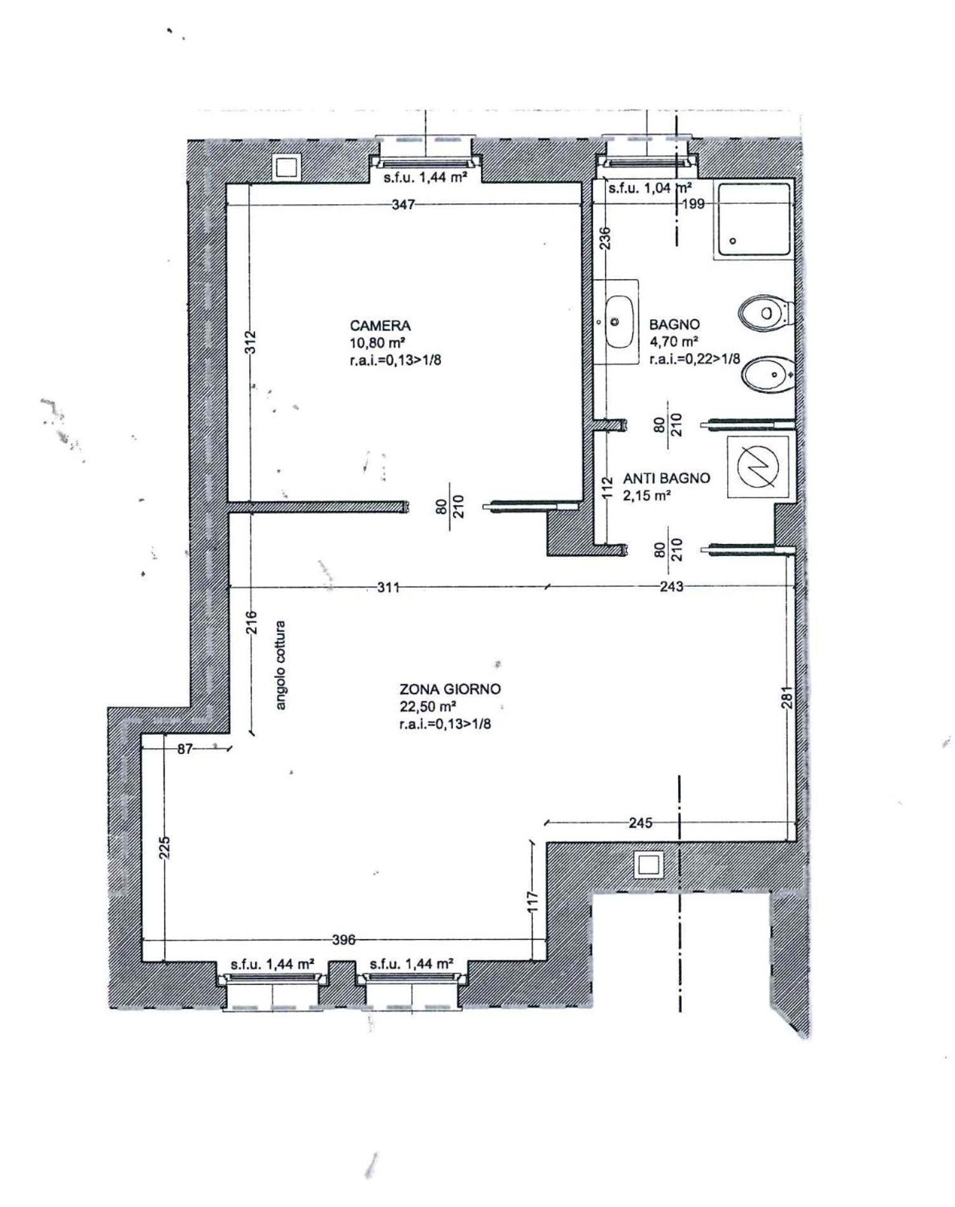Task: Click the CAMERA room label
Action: (x=380, y=326)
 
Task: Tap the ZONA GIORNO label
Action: (x=450, y=688)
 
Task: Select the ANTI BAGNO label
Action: (x=666, y=478)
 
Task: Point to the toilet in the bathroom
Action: (x=766, y=313)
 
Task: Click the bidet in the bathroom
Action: (x=769, y=374)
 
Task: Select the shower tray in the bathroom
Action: (x=753, y=220)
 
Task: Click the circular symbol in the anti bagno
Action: (x=758, y=466)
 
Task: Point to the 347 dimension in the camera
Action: (x=403, y=205)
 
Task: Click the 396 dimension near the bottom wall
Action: (x=344, y=940)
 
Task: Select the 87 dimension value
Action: (x=185, y=749)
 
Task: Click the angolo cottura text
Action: (x=281, y=665)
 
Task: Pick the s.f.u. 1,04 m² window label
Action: (x=650, y=188)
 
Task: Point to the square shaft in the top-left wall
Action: (x=287, y=168)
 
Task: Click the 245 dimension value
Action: (x=640, y=823)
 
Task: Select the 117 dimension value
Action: (x=533, y=901)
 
